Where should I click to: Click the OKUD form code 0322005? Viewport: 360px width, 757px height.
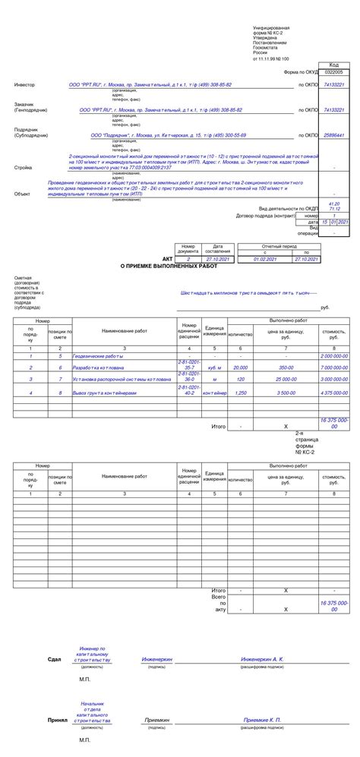pos(333,71)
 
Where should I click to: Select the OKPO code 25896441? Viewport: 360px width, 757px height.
pos(333,135)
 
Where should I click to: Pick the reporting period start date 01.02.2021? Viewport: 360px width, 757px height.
pos(265,259)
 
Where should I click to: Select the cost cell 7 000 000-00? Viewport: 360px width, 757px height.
pos(333,367)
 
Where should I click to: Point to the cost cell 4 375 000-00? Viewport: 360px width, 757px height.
pos(333,393)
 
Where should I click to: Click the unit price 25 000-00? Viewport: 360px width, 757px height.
pos(286,378)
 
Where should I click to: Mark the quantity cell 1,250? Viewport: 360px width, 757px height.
pos(240,393)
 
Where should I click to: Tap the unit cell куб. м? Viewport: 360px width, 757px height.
pos(214,367)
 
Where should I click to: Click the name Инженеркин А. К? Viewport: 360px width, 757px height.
pos(262,660)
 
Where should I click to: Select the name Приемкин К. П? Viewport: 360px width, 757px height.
pos(262,719)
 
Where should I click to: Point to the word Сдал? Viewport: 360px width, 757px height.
pos(54,660)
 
